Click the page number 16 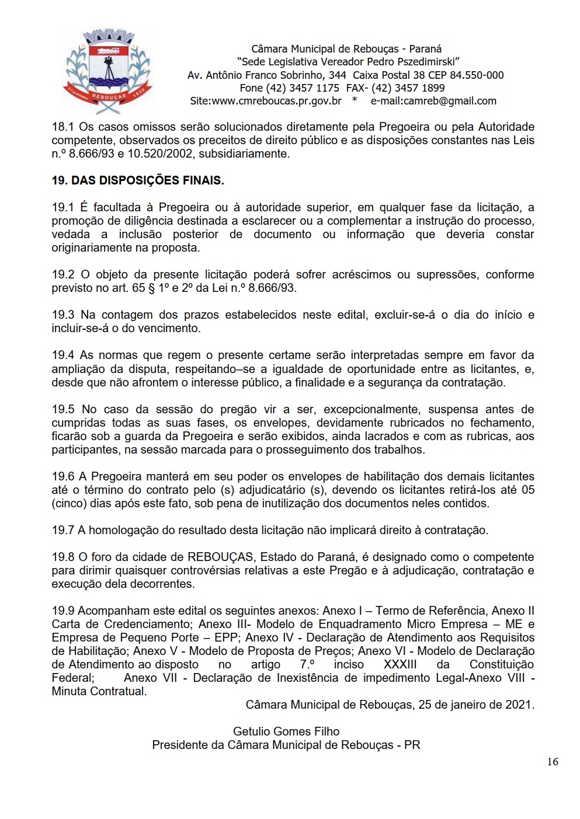click(x=553, y=761)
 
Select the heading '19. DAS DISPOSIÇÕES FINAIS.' click(x=138, y=180)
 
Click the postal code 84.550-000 click(x=477, y=75)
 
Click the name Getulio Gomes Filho click(x=286, y=731)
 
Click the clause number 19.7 click(x=63, y=530)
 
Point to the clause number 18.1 click(x=63, y=127)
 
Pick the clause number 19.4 click(x=63, y=355)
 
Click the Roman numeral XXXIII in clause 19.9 click(x=400, y=664)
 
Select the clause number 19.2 click(x=63, y=274)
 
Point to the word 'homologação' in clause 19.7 click(x=122, y=530)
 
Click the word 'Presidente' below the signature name click(x=179, y=745)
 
